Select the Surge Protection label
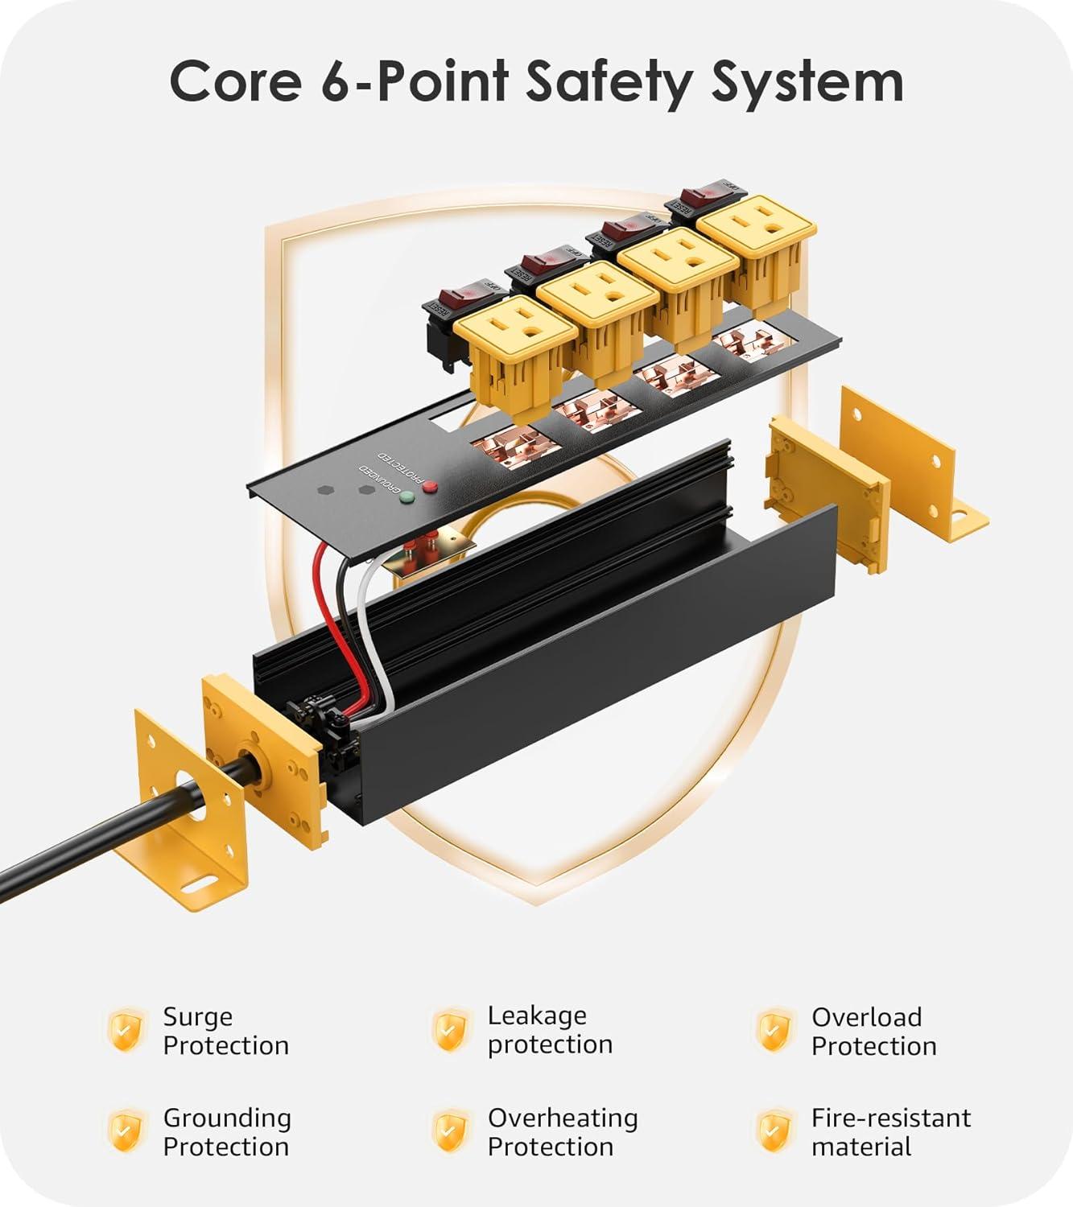point(225,1031)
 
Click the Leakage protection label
point(550,1030)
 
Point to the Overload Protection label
point(873,1032)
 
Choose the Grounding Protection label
point(227,1132)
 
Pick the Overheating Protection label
point(562,1132)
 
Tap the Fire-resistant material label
point(890,1132)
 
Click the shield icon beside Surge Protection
point(127,1030)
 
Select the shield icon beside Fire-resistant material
point(774,1131)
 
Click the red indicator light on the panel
point(430,485)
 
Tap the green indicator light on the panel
point(407,496)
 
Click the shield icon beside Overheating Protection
point(451,1131)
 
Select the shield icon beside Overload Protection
point(774,1031)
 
